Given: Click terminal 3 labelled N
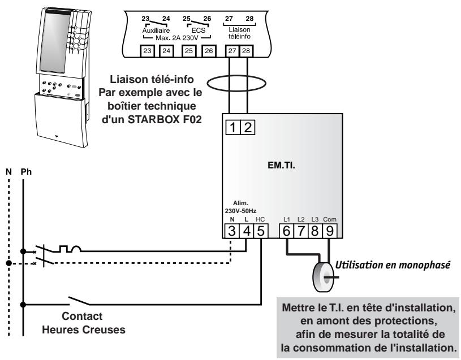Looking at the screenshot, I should (232, 231).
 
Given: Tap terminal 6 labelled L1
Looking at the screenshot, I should (286, 231).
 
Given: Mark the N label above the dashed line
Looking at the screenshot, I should (7, 170).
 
